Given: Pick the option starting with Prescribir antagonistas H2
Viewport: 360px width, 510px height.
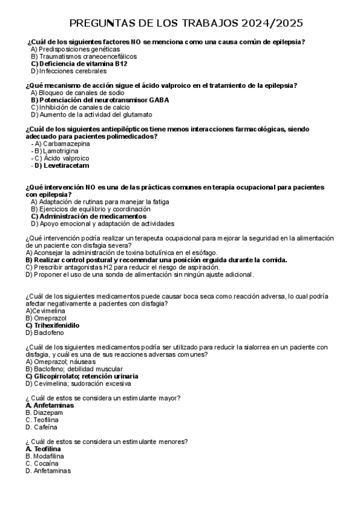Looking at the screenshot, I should click(x=135, y=267).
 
